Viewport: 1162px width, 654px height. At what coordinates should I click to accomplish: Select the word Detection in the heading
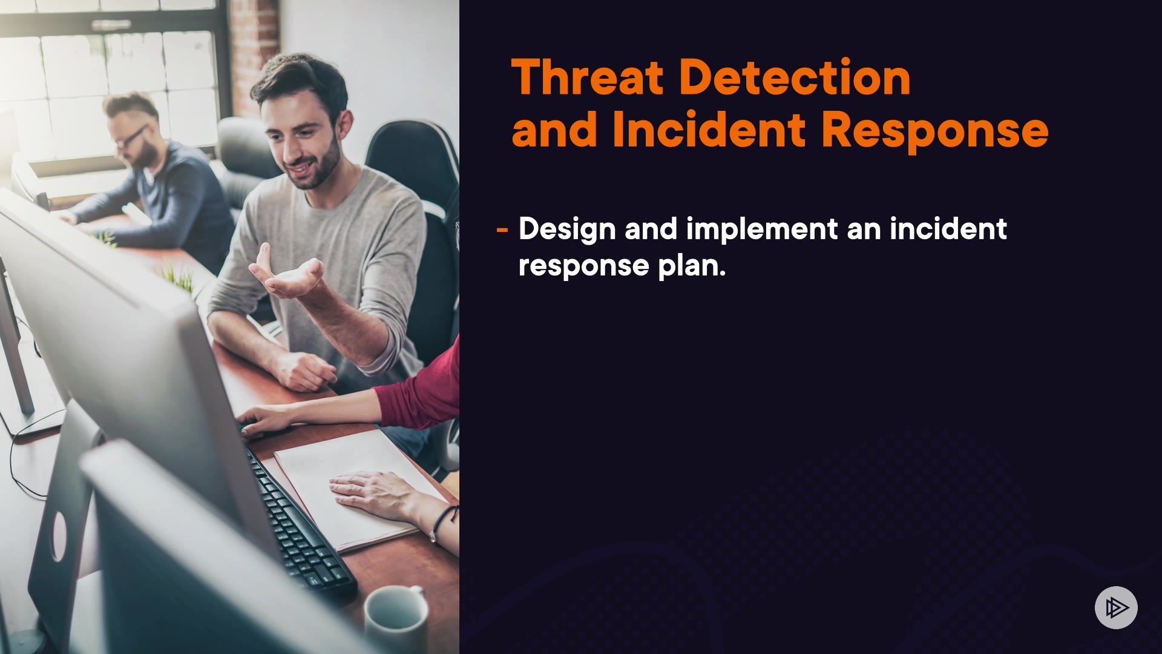point(795,78)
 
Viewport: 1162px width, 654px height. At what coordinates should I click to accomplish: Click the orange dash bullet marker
point(502,230)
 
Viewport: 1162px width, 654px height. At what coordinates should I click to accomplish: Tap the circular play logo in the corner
point(1116,607)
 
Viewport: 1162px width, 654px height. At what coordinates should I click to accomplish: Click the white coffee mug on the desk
point(396,618)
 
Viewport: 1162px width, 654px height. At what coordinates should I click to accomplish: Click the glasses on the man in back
point(130,139)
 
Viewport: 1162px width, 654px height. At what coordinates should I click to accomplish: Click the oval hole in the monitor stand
point(59,535)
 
